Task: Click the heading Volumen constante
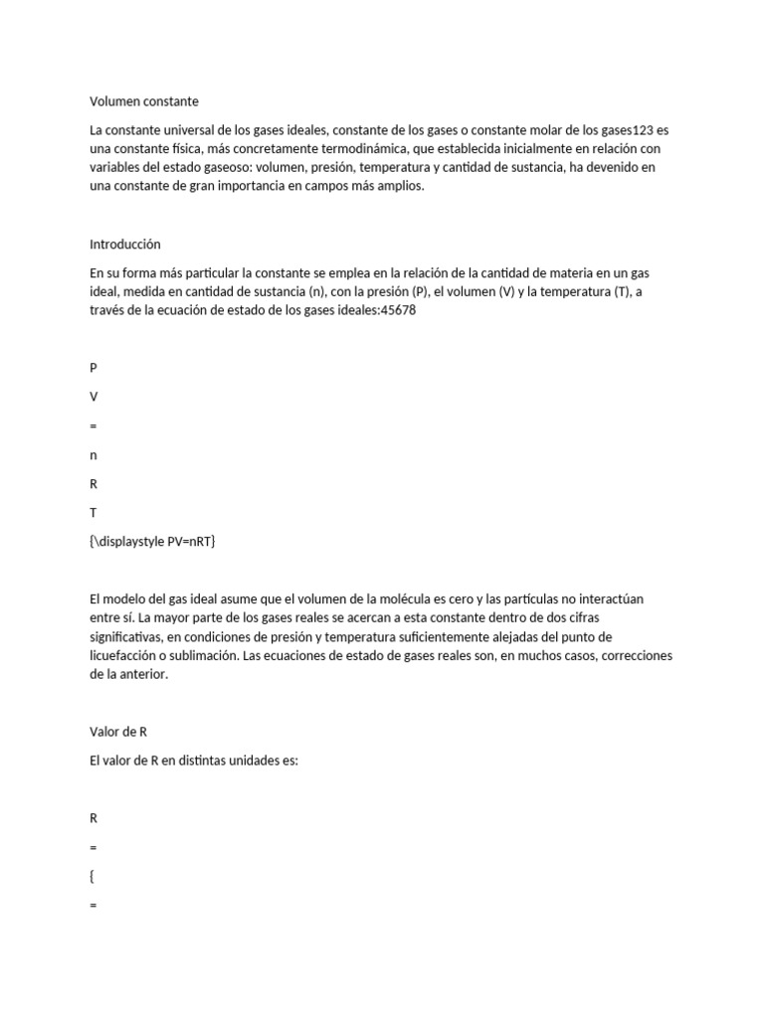click(144, 101)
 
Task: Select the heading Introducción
click(124, 244)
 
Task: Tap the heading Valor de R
click(118, 732)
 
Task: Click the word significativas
click(129, 637)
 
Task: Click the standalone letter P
click(94, 368)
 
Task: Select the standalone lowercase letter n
click(94, 455)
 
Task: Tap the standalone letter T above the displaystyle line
click(93, 513)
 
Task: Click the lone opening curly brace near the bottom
click(93, 877)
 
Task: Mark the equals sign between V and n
click(94, 425)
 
